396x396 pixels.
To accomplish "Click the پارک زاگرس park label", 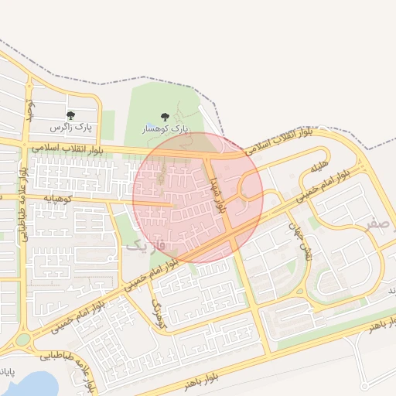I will (x=71, y=126).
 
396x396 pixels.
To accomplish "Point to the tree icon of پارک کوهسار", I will (x=165, y=117).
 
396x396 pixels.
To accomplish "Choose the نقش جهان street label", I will (x=299, y=241).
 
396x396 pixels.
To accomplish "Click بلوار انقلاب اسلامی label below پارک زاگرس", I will (x=73, y=147).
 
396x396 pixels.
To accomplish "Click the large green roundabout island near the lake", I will (x=23, y=339).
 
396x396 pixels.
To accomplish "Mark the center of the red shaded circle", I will (x=198, y=197).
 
